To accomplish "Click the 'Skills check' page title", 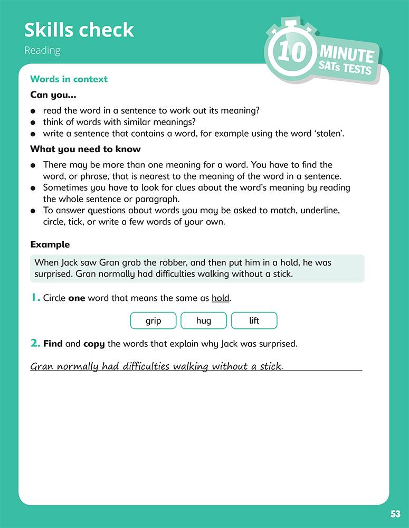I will pyautogui.click(x=79, y=30).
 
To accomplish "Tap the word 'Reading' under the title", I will pyautogui.click(x=42, y=51).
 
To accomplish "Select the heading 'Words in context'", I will pyautogui.click(x=69, y=79).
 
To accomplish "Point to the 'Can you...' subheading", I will pyautogui.click(x=53, y=95).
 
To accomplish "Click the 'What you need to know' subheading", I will pyautogui.click(x=85, y=149).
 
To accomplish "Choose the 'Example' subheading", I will pyautogui.click(x=50, y=244).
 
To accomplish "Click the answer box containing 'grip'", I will pyautogui.click(x=153, y=320).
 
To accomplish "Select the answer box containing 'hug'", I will pyautogui.click(x=203, y=320).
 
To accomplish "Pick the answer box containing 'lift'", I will pyautogui.click(x=254, y=320).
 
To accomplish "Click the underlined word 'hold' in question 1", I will pyautogui.click(x=221, y=298).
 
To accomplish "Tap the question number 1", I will pyautogui.click(x=35, y=298).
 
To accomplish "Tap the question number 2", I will pyautogui.click(x=35, y=344).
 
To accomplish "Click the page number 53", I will pyautogui.click(x=395, y=514).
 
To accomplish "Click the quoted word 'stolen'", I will pyautogui.click(x=329, y=133).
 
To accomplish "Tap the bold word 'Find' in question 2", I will pyautogui.click(x=53, y=344).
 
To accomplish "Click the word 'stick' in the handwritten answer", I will pyautogui.click(x=271, y=366).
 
